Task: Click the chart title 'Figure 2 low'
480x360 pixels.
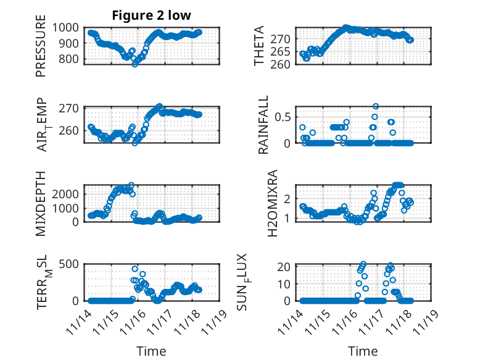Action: point(151,15)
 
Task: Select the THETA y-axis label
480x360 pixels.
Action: point(259,46)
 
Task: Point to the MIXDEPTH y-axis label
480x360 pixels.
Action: point(41,203)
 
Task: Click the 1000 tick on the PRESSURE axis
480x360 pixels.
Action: point(65,27)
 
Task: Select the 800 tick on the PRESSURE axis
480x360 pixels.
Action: point(68,59)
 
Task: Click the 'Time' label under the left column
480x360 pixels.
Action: point(151,351)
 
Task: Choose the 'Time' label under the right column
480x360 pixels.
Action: point(363,351)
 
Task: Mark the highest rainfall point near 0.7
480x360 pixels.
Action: point(376,106)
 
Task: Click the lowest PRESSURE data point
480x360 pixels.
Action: point(134,64)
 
